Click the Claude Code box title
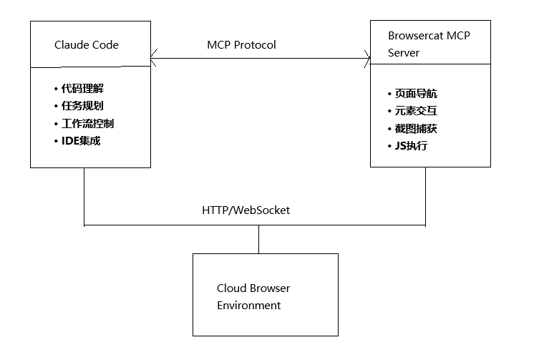[x=87, y=45]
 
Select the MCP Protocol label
[x=241, y=44]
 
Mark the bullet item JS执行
[x=411, y=145]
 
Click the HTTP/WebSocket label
[x=246, y=211]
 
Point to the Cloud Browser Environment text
[x=253, y=296]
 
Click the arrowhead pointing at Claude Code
[x=154, y=58]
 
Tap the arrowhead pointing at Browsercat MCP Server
[x=366, y=58]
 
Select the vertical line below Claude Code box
[x=84, y=196]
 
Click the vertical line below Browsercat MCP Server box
[x=427, y=196]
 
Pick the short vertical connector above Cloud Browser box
[x=259, y=239]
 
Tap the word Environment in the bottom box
[x=248, y=306]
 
